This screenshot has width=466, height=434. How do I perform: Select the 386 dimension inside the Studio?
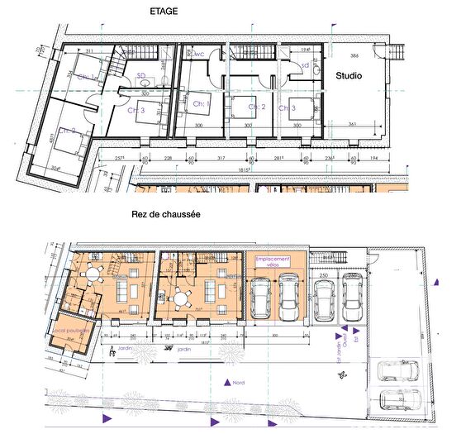pos(354,56)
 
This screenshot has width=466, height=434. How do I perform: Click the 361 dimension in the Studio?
pos(352,123)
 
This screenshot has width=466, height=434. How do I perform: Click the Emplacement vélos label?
pos(274,261)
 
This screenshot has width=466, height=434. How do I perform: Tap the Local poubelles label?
pos(70,331)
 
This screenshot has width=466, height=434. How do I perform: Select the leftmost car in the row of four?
pos(262,298)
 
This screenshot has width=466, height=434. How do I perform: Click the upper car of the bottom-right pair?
pos(400,368)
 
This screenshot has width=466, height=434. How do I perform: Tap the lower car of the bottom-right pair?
pos(400,400)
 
